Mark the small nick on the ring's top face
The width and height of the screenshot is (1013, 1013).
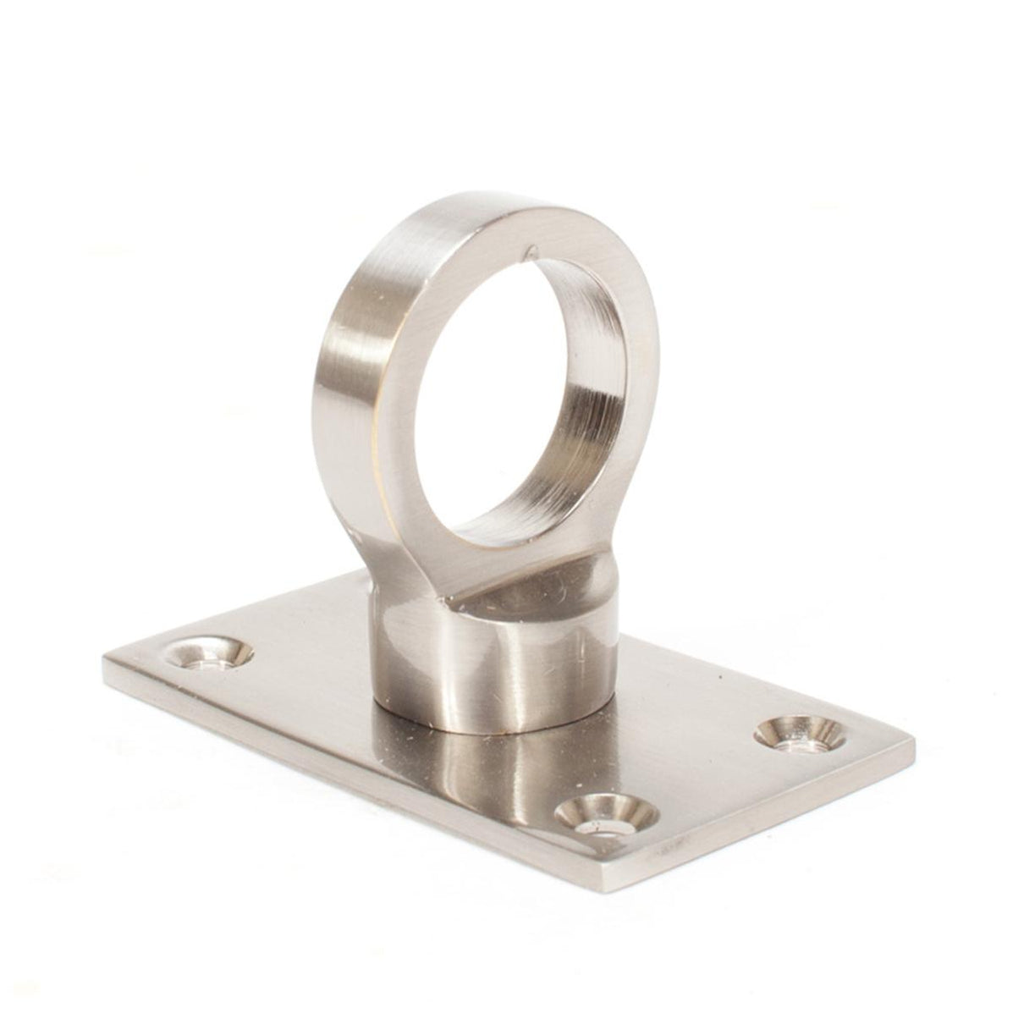[x=531, y=250]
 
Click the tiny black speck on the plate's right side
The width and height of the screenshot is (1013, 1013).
[x=718, y=678]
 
